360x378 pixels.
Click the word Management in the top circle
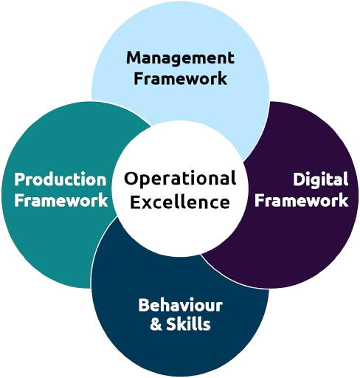(180, 59)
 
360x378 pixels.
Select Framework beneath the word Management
(180, 78)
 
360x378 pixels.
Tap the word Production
(60, 179)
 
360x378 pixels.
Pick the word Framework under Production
(61, 199)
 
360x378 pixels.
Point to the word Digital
(321, 180)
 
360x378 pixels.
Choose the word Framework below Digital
(301, 199)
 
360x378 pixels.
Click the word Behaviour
(181, 305)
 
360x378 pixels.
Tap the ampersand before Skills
(156, 324)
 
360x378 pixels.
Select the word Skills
(188, 323)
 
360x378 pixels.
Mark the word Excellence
(180, 202)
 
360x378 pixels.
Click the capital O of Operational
(131, 179)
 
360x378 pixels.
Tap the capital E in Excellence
(134, 202)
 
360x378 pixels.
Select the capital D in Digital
(299, 179)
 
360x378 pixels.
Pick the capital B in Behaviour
(144, 305)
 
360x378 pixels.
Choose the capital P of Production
(20, 179)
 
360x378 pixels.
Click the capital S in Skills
(171, 324)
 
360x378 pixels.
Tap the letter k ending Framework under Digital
(343, 199)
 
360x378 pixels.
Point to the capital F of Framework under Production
(19, 199)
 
